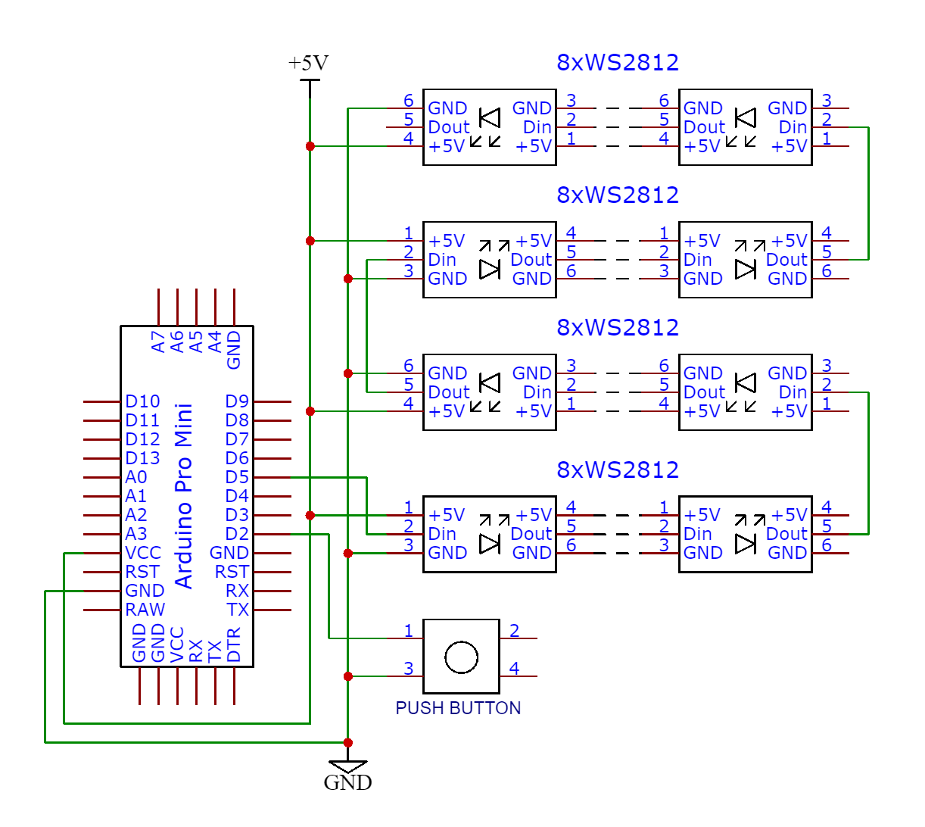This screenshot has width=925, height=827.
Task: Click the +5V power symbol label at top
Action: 309,64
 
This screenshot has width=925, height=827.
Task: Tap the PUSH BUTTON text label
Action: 458,708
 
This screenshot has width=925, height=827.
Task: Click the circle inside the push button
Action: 461,657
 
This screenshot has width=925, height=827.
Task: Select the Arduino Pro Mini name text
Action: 185,496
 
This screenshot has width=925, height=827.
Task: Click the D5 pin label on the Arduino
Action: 237,477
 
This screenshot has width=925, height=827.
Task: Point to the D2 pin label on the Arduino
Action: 237,534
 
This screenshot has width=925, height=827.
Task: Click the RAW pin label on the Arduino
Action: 145,610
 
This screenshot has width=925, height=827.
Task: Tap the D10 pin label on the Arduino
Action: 142,401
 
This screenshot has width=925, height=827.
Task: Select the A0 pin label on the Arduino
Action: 136,477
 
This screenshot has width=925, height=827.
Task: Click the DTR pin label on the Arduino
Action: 234,644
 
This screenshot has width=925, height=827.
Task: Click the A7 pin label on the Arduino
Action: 158,342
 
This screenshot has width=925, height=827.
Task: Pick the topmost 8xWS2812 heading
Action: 618,62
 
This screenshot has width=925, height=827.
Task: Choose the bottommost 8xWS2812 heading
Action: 618,470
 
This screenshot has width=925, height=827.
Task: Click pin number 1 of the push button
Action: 408,631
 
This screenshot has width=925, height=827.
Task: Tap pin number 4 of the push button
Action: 514,669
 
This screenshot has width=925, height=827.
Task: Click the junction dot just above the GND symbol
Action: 348,742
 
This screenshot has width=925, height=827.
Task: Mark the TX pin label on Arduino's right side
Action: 238,610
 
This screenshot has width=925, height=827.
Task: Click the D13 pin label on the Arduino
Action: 142,458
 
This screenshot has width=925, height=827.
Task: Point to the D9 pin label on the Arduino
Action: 237,401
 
